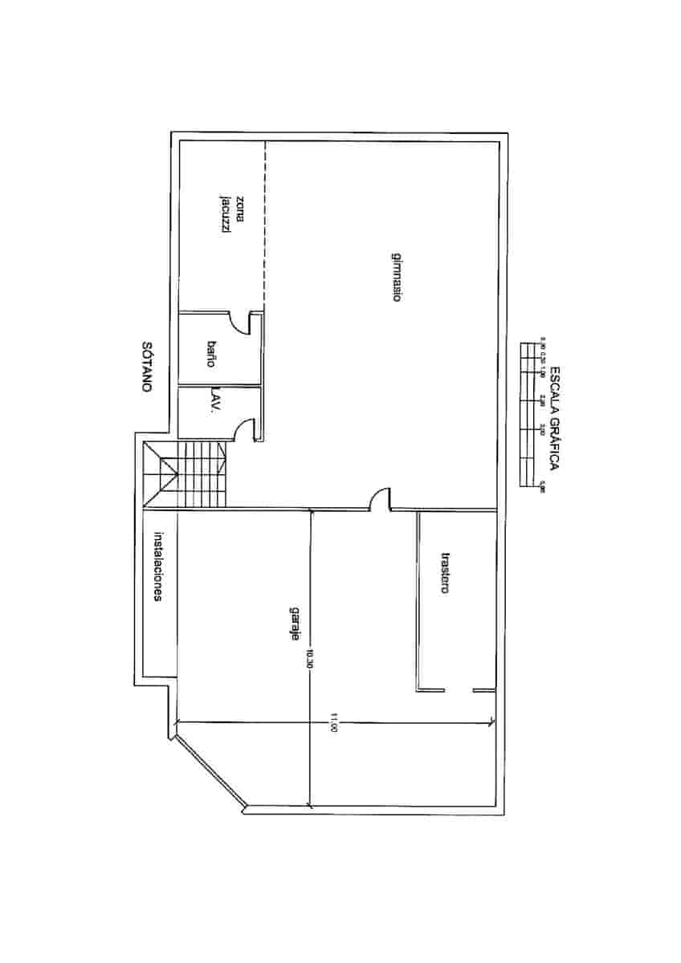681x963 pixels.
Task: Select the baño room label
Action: (x=212, y=354)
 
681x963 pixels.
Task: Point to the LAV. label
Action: (x=214, y=402)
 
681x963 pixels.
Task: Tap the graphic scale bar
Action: (x=530, y=414)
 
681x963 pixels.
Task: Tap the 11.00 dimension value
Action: (x=332, y=728)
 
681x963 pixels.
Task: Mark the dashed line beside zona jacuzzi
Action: (x=264, y=225)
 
